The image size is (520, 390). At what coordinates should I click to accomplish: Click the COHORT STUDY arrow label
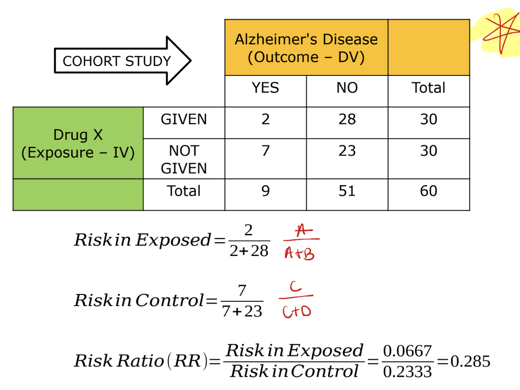click(x=116, y=61)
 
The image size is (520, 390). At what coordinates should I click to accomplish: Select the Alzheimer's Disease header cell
click(x=306, y=48)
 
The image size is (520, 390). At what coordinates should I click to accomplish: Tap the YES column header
click(x=265, y=88)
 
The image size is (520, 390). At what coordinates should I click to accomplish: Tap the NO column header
click(x=347, y=88)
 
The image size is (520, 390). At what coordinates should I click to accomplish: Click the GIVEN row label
click(x=184, y=119)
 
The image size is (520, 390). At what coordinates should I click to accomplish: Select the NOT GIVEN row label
click(x=184, y=159)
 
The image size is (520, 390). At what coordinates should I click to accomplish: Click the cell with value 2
click(x=265, y=119)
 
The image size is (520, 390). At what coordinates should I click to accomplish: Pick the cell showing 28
click(x=347, y=119)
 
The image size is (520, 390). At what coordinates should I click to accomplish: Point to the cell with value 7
click(x=265, y=151)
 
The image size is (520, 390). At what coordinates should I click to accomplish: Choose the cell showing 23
click(x=347, y=151)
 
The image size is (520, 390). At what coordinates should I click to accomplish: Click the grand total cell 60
click(x=428, y=191)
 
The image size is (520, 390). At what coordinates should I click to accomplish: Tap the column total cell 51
click(x=347, y=191)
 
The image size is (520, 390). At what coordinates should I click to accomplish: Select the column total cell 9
click(x=265, y=191)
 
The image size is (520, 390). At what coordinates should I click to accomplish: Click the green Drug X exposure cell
click(x=78, y=143)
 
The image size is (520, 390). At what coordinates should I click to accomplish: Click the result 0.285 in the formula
click(x=470, y=361)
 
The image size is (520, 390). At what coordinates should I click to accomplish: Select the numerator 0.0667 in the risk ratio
click(x=407, y=352)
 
